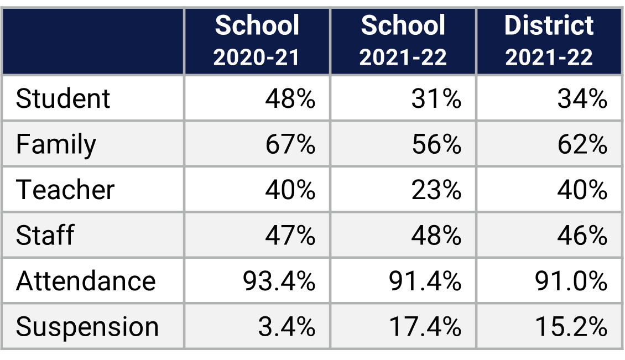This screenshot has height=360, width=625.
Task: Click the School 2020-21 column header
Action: [257, 41]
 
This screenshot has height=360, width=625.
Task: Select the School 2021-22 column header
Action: [403, 41]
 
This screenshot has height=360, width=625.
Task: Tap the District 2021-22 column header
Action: [549, 41]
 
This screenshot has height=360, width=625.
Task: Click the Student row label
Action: [63, 99]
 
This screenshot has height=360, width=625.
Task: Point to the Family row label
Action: [56, 145]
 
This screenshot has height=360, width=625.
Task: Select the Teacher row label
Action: [65, 190]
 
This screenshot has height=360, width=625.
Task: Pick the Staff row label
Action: [45, 236]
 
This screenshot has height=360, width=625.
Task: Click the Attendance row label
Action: [86, 281]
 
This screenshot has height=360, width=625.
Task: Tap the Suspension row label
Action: [87, 327]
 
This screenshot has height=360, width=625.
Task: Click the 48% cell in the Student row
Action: [290, 99]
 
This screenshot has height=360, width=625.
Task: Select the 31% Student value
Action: [436, 99]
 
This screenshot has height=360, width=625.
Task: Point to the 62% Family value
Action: [582, 145]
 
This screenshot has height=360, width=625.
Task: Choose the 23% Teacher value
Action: [436, 190]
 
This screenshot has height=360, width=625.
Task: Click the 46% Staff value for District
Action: [582, 236]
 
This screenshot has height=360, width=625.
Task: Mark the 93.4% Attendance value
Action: [279, 281]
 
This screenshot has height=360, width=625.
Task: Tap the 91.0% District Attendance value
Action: [571, 281]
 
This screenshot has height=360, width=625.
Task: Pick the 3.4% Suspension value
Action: [287, 327]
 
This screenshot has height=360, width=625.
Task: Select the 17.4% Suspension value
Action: [425, 327]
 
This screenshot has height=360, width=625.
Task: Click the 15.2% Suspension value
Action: [571, 327]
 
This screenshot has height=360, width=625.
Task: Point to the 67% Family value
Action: [290, 145]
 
